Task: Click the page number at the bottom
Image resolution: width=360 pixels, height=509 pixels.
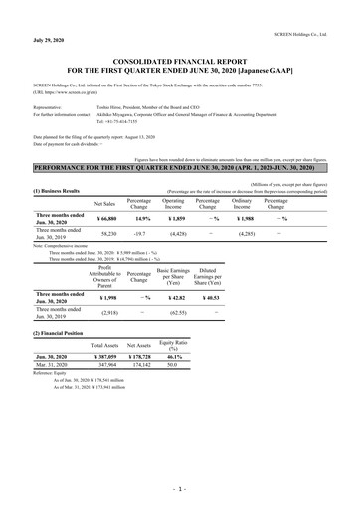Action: (x=179, y=489)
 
